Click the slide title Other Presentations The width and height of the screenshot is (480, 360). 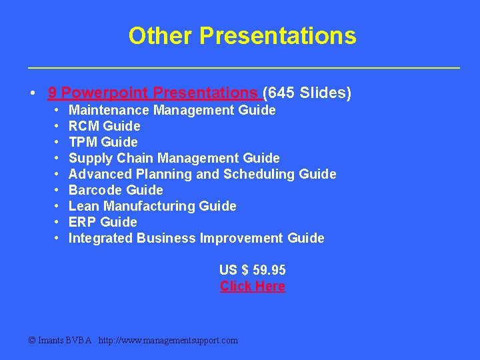pyautogui.click(x=242, y=35)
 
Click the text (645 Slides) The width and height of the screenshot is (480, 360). pyautogui.click(x=307, y=93)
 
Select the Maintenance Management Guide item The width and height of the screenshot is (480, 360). pyautogui.click(x=172, y=110)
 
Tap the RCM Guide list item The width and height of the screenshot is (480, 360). pyautogui.click(x=105, y=126)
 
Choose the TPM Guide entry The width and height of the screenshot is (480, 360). pyautogui.click(x=103, y=142)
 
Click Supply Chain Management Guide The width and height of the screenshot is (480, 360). pyautogui.click(x=174, y=158)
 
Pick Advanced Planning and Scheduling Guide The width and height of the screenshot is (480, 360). pyautogui.click(x=203, y=174)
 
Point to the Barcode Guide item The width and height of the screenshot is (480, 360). pyautogui.click(x=116, y=190)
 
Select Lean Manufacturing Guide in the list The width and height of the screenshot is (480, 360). pyautogui.click(x=153, y=206)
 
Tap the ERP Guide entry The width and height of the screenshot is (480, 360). pyautogui.click(x=103, y=222)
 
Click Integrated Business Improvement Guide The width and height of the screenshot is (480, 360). pyautogui.click(x=197, y=238)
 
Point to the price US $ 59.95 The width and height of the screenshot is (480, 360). pyautogui.click(x=253, y=270)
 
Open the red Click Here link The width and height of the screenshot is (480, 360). pyautogui.click(x=253, y=286)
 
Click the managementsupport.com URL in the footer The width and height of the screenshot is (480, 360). pyautogui.click(x=168, y=340)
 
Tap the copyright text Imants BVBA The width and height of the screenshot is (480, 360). pyautogui.click(x=60, y=340)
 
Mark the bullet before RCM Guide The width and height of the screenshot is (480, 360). pyautogui.click(x=57, y=126)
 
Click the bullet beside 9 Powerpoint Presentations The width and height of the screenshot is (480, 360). pyautogui.click(x=33, y=93)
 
